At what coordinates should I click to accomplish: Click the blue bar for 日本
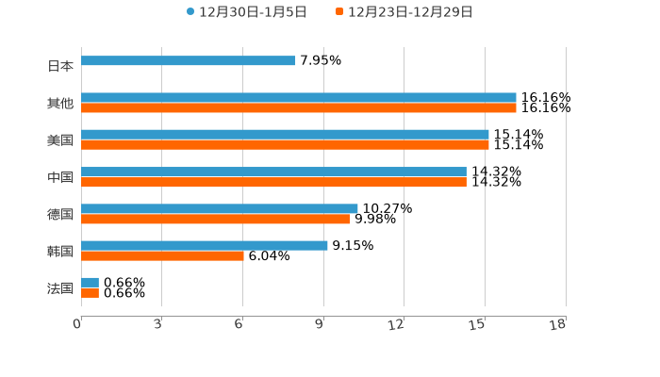(x=189, y=61)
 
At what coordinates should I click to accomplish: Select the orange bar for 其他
(x=299, y=108)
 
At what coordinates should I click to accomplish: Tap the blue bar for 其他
(x=299, y=98)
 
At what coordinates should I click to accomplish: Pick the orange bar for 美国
(x=285, y=145)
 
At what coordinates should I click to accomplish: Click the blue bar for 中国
(x=273, y=172)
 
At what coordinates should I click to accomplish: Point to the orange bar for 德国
(x=215, y=220)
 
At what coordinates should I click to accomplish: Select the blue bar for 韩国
(x=205, y=245)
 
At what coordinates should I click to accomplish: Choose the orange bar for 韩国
(x=162, y=256)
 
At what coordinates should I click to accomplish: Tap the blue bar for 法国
(x=90, y=283)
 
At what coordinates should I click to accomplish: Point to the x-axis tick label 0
(x=77, y=325)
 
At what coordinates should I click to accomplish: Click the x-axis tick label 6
(x=239, y=325)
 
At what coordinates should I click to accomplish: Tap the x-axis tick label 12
(x=396, y=325)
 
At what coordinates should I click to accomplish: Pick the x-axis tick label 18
(x=558, y=325)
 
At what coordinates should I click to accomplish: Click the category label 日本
(x=60, y=67)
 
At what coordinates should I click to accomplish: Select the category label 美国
(x=60, y=140)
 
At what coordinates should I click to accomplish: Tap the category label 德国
(x=60, y=214)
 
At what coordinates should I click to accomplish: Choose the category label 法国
(x=60, y=288)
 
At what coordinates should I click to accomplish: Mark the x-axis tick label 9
(x=320, y=325)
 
